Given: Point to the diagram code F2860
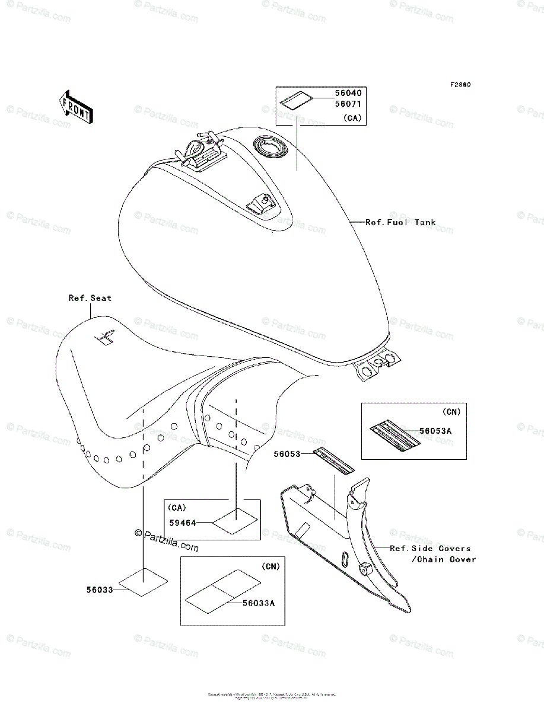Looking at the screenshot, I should pos(460,85).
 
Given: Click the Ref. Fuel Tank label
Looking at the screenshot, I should pos(400,223).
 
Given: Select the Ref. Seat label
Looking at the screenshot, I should pos(90,298).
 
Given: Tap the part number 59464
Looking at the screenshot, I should pos(182,523).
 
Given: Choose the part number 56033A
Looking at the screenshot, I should pos(259,603).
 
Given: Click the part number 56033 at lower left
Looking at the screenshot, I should pos(98,590).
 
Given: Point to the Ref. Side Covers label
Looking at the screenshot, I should pos(430,549).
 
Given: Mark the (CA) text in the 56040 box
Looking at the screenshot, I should pos(352,118).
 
